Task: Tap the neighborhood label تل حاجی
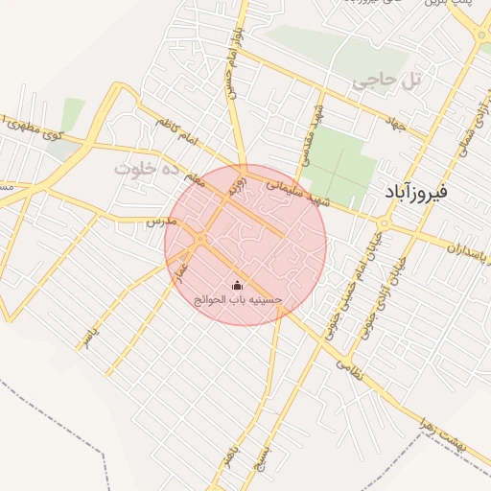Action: coord(387,82)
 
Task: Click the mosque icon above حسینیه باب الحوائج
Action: coord(238,285)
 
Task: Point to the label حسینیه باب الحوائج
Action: coord(238,300)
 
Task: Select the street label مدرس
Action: coord(159,221)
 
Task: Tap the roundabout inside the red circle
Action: coord(201,238)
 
